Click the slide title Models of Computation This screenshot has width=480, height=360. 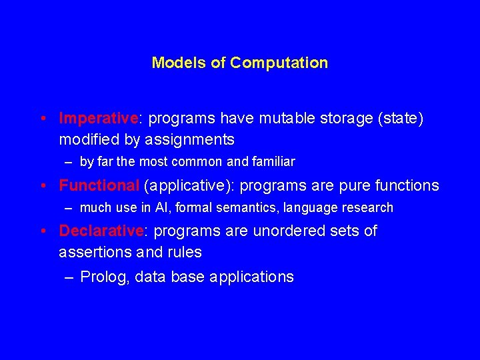click(239, 63)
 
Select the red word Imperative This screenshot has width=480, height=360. click(99, 119)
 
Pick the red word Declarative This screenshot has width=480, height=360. click(101, 231)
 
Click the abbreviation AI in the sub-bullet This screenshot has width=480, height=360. click(161, 208)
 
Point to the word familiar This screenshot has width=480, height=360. click(271, 162)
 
